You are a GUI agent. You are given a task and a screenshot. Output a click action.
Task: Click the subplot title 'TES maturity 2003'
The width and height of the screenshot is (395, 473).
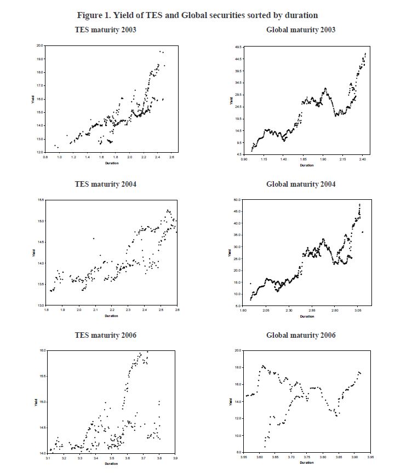(x=105, y=29)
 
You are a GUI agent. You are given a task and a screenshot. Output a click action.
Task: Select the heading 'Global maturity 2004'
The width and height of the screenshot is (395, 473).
(x=301, y=184)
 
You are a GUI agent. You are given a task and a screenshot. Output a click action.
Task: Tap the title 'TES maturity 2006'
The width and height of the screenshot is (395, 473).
(x=105, y=335)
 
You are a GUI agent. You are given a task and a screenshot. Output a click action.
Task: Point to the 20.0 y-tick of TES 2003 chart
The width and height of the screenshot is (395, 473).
(x=39, y=45)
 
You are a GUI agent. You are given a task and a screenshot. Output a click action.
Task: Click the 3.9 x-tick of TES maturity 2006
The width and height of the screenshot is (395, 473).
(x=175, y=458)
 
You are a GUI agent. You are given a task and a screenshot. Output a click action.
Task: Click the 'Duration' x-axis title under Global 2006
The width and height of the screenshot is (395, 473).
(x=307, y=463)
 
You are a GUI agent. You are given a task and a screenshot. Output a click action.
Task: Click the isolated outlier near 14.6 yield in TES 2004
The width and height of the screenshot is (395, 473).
(x=94, y=238)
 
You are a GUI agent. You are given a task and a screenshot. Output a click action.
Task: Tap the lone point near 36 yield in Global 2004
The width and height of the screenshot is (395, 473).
(x=362, y=232)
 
